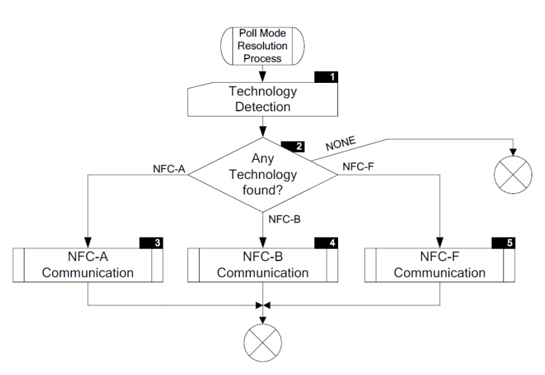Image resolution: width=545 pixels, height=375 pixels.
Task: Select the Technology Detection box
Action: (263, 99)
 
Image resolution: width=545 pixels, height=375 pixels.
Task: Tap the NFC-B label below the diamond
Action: (285, 219)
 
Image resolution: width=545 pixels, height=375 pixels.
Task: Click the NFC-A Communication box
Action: (88, 264)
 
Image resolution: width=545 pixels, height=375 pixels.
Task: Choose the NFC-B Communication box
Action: (263, 264)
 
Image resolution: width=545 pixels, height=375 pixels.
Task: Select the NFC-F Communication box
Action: (439, 264)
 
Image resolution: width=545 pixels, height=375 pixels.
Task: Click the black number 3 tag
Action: (152, 243)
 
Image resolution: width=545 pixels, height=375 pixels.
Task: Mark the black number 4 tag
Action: (327, 243)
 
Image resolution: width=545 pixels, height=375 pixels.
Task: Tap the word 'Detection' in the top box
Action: (263, 107)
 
